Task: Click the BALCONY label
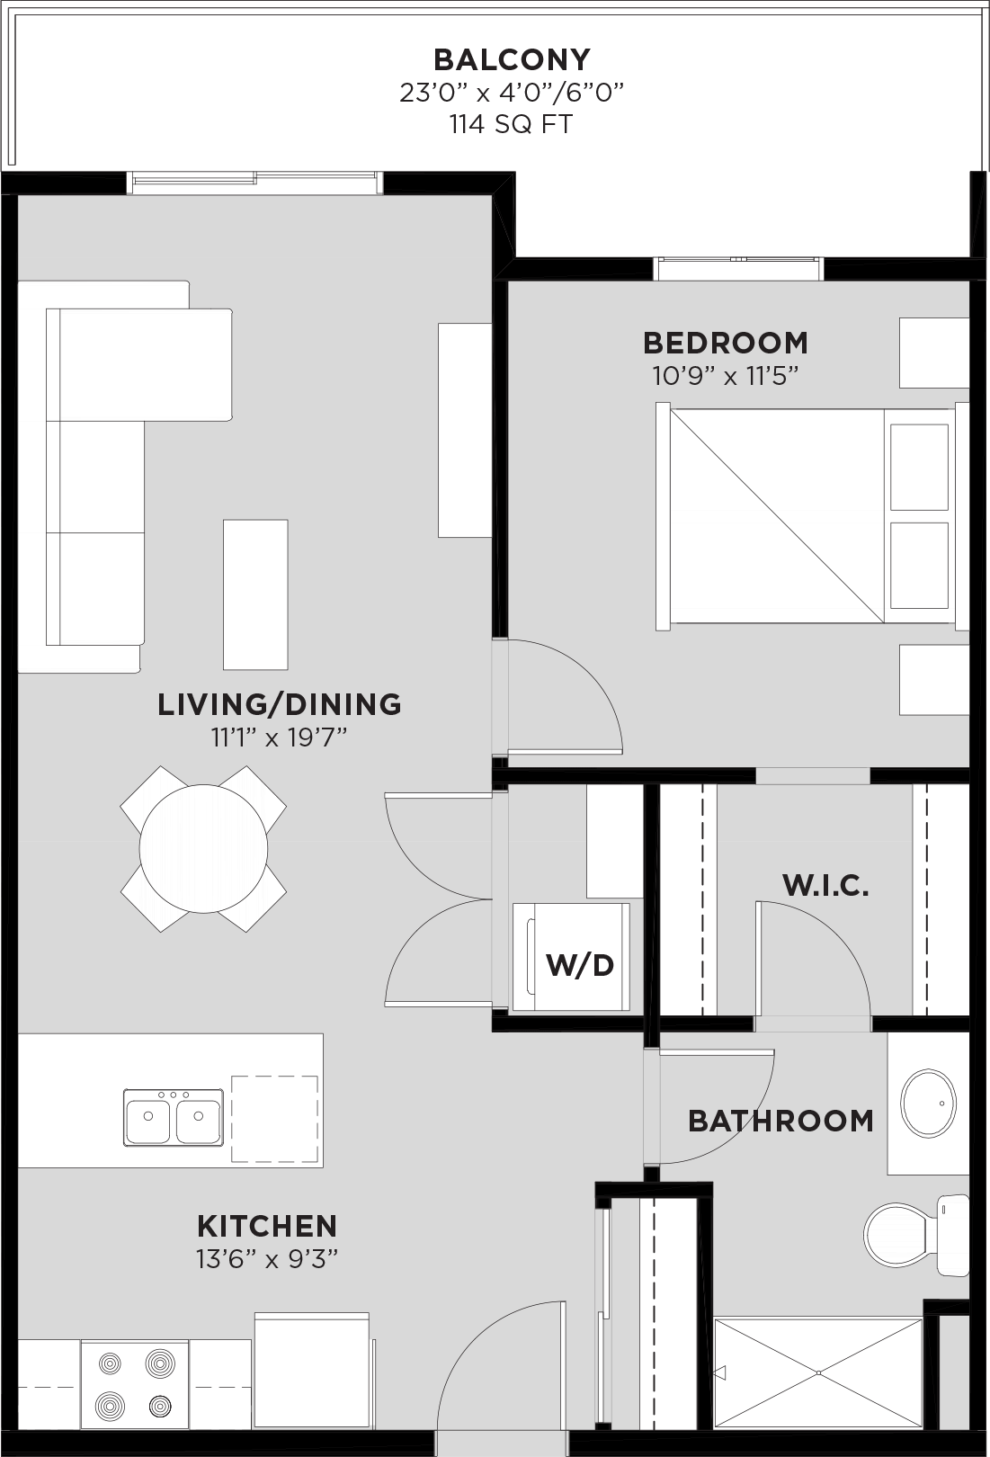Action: click(512, 59)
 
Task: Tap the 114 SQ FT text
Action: click(512, 123)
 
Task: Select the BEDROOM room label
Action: click(726, 344)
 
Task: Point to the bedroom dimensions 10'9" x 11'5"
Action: click(726, 375)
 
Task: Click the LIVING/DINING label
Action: click(280, 704)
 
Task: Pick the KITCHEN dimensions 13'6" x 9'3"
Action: click(267, 1260)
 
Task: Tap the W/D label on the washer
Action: click(580, 965)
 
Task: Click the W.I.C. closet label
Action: click(825, 885)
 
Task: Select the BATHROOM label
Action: click(780, 1121)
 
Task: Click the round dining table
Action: click(203, 849)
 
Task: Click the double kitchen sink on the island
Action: click(174, 1117)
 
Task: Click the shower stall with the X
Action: click(818, 1373)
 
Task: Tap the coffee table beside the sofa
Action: click(255, 594)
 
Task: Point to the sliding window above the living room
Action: click(255, 182)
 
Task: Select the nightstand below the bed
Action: click(934, 680)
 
